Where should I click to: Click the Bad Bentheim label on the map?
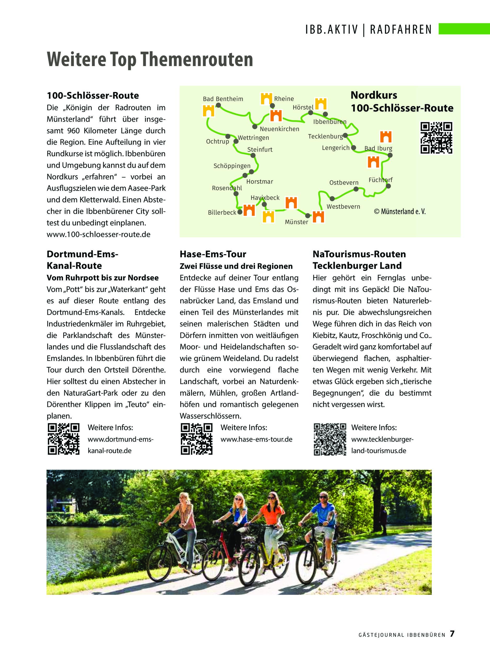click(x=223, y=99)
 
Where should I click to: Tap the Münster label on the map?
click(x=296, y=222)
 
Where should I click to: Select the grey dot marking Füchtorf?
click(x=388, y=186)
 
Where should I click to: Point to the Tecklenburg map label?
click(x=325, y=136)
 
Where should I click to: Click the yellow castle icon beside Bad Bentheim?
click(x=209, y=111)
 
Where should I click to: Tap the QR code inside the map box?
click(x=436, y=138)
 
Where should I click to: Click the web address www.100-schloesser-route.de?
click(x=98, y=234)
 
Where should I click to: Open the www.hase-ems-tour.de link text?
click(x=256, y=439)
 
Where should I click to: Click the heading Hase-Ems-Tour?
click(x=213, y=254)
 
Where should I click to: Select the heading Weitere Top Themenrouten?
click(x=150, y=59)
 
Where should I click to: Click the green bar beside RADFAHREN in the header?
click(x=464, y=29)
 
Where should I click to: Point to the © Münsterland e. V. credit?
click(x=400, y=211)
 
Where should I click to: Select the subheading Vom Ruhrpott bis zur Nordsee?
click(x=102, y=278)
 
